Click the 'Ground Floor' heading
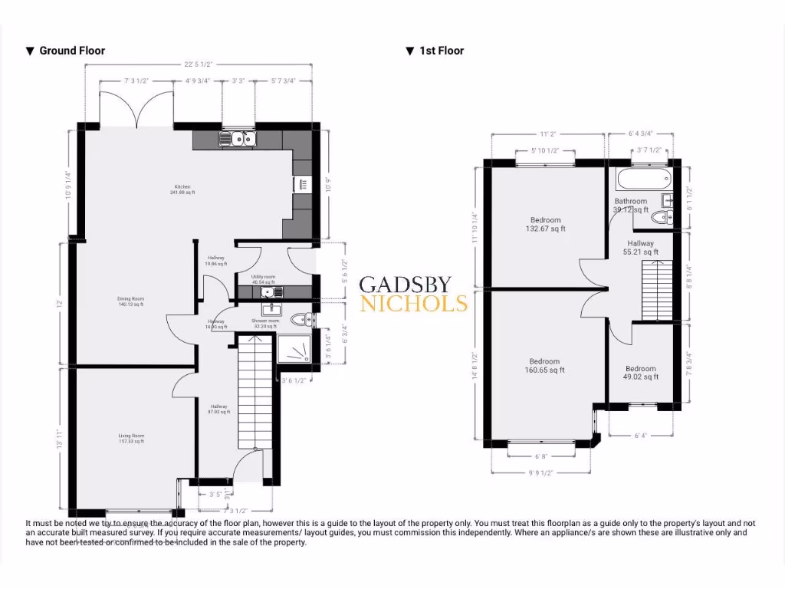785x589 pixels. (x=71, y=51)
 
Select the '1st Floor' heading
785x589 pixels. (x=441, y=51)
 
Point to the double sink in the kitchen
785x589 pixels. (x=237, y=139)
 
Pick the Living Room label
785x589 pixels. (x=131, y=439)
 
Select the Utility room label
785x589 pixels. (x=263, y=279)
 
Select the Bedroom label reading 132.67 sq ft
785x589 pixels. (x=545, y=224)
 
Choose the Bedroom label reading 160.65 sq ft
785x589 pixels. (x=545, y=365)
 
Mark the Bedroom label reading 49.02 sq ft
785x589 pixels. (x=640, y=373)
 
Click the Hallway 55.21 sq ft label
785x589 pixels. (x=640, y=247)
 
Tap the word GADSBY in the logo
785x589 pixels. (x=406, y=284)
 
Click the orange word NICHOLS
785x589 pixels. (x=414, y=304)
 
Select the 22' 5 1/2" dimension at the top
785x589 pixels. (x=198, y=64)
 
